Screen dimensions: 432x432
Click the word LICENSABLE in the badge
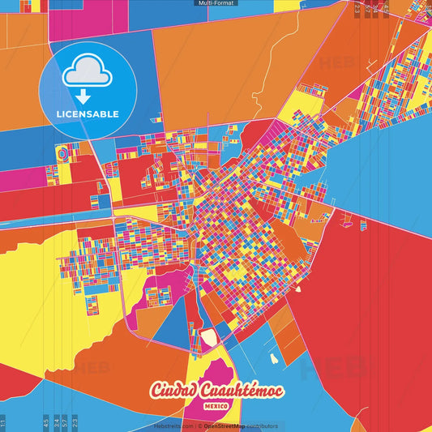click(x=87, y=113)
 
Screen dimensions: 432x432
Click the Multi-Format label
click(x=216, y=3)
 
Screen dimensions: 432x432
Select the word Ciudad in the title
click(x=173, y=391)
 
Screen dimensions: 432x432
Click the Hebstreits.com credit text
click(x=173, y=426)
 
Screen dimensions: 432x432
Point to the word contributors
click(x=263, y=426)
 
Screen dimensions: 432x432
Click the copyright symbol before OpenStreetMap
click(x=200, y=426)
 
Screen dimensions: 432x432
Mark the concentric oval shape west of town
click(x=63, y=152)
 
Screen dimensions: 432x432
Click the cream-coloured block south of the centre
click(x=209, y=337)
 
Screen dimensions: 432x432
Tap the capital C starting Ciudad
click(x=156, y=391)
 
